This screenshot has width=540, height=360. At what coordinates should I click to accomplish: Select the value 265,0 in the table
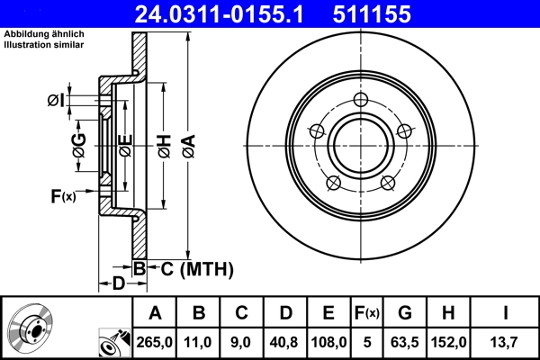[x=155, y=341]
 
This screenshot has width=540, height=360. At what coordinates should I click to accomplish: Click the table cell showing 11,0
[x=199, y=341]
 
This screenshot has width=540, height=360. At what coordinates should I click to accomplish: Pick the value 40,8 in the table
[x=285, y=341]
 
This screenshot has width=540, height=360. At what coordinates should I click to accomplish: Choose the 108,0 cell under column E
[x=328, y=341]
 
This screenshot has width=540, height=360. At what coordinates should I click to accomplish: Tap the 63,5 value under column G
[x=405, y=341]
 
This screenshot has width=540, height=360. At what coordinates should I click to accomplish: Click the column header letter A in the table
[x=155, y=313]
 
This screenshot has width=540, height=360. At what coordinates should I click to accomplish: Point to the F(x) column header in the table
[x=366, y=313]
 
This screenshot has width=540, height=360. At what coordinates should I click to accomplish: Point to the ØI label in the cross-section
[x=57, y=100]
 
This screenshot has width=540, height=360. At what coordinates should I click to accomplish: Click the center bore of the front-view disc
[x=361, y=145]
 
